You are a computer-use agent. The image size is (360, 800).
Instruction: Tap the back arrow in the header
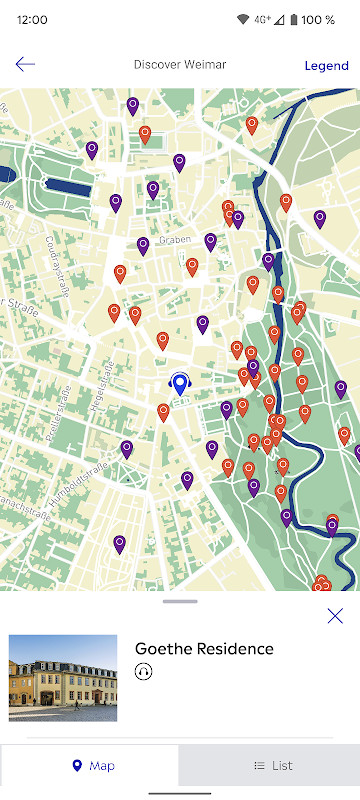point(25,64)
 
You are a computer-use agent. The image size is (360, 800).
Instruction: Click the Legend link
point(326,66)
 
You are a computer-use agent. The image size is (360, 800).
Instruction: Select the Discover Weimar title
point(180,65)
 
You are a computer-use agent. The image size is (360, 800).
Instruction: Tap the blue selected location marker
point(180,384)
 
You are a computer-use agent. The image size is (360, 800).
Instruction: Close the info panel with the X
point(335,616)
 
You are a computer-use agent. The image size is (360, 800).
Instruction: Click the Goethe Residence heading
point(204,648)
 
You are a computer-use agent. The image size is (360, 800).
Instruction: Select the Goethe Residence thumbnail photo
point(63,677)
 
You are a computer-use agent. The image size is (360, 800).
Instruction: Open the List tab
point(270,766)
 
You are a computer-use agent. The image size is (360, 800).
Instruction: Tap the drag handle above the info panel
point(180,601)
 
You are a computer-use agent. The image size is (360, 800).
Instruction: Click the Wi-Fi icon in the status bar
point(244,19)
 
